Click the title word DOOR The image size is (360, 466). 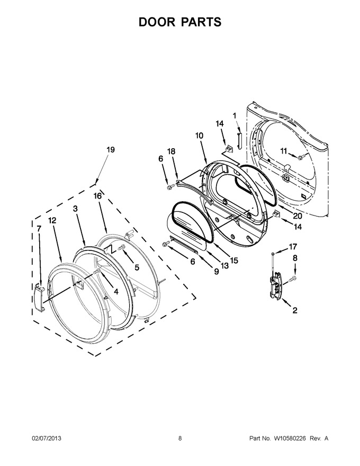[x=157, y=22]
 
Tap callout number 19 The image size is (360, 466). [x=111, y=150]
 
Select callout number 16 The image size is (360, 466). [x=98, y=196]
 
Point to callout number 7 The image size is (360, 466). [x=39, y=229]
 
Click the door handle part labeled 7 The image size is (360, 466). [x=39, y=297]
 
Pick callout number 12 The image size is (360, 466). [x=52, y=220]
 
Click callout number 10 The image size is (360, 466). [x=199, y=136]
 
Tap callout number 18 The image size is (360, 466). [x=172, y=151]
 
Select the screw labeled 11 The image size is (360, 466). [x=302, y=156]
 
